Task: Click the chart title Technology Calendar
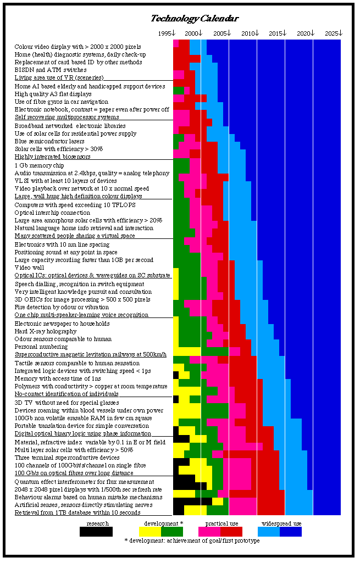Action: (195, 19)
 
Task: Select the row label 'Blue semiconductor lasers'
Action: (50, 141)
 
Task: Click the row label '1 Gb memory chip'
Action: (39, 165)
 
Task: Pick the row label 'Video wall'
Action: (27, 267)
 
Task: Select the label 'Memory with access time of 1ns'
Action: (58, 378)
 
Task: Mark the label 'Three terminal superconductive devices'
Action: (67, 458)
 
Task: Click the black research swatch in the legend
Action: (96, 532)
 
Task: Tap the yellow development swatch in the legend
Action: (149, 532)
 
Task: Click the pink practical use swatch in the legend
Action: (209, 532)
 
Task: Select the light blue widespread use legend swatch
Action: (268, 532)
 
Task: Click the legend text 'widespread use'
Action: (281, 523)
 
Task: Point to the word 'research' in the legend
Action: (97, 523)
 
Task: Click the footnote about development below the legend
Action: (192, 540)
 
